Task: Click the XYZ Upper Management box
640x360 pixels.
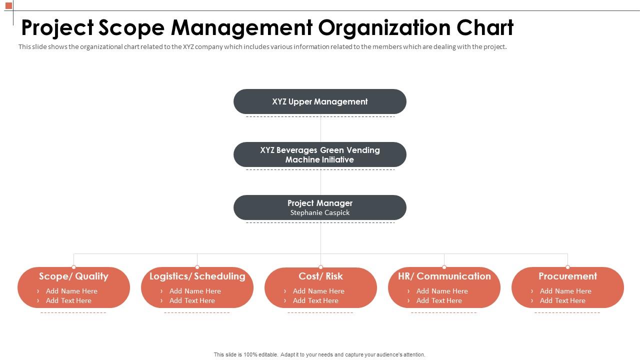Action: click(x=320, y=101)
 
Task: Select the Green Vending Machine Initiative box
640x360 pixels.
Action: click(x=320, y=154)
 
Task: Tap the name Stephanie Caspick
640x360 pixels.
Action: click(x=320, y=212)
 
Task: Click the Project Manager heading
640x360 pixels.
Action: click(x=320, y=203)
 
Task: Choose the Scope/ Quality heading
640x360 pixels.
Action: click(x=73, y=276)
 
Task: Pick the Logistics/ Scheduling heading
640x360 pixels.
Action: click(x=197, y=276)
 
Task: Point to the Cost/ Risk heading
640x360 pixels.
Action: click(x=320, y=276)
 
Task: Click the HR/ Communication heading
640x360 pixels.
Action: click(x=444, y=276)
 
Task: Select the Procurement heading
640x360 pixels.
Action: click(x=567, y=276)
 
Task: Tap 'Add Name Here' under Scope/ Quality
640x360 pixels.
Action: click(x=71, y=291)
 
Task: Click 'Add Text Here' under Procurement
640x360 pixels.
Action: click(x=562, y=300)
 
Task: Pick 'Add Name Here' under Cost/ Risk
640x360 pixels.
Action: click(x=318, y=291)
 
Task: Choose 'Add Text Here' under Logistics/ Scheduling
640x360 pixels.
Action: click(x=192, y=300)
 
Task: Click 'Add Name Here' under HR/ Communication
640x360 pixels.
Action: click(x=442, y=291)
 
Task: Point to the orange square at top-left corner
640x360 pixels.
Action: click(x=8, y=5)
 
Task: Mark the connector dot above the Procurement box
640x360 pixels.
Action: click(x=567, y=267)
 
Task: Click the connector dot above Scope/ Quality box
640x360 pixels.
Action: click(x=73, y=267)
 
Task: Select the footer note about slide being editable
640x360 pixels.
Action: click(x=319, y=354)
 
